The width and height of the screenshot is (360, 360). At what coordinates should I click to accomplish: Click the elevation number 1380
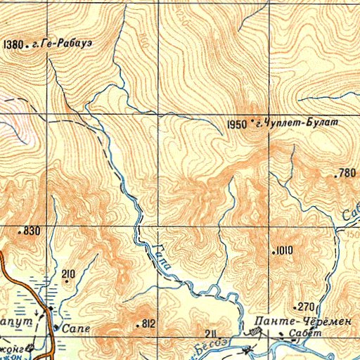pyautogui.click(x=13, y=44)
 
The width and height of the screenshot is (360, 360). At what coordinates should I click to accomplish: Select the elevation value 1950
pyautogui.click(x=237, y=124)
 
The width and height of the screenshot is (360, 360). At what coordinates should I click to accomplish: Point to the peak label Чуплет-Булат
pyautogui.click(x=300, y=123)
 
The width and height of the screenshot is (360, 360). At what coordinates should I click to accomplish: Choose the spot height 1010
pyautogui.click(x=284, y=250)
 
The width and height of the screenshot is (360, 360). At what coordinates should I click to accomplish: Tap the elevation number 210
pyautogui.click(x=68, y=274)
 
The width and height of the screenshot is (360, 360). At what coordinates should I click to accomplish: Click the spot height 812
pyautogui.click(x=148, y=324)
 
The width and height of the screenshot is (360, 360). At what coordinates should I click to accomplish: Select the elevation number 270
pyautogui.click(x=305, y=307)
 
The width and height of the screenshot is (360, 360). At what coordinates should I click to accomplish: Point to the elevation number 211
pyautogui.click(x=208, y=333)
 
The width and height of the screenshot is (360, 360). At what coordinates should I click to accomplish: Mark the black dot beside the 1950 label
pyautogui.click(x=252, y=123)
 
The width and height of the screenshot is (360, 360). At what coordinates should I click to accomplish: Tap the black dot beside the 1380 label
pyautogui.click(x=27, y=44)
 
